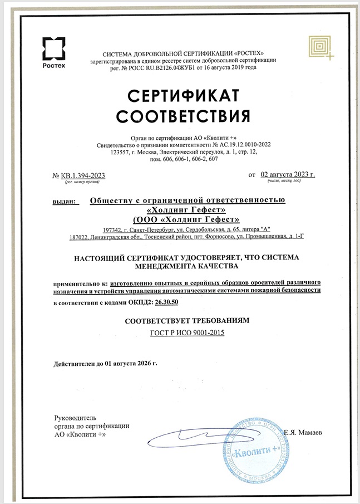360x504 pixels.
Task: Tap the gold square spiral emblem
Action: pos(321,46)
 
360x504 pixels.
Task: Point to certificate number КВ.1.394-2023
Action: pos(83,175)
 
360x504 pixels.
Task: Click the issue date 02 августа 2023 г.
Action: pos(288,174)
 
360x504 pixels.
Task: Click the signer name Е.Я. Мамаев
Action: pos(303,432)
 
